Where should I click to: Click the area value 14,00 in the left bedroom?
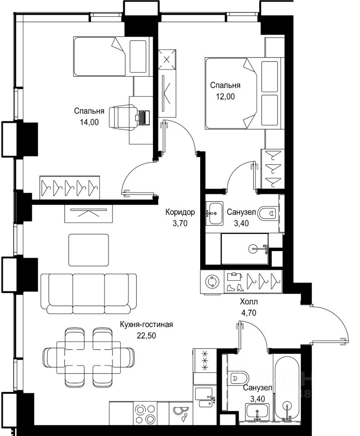click(89, 122)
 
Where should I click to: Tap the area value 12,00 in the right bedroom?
click(226, 96)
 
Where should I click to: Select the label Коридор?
click(180, 212)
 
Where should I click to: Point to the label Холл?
click(249, 302)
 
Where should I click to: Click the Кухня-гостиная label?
click(147, 324)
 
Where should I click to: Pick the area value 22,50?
click(146, 336)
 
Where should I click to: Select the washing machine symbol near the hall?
click(212, 282)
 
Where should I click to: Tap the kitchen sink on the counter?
click(204, 398)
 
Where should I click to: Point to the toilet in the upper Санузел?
click(268, 214)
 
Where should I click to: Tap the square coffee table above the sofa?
click(89, 250)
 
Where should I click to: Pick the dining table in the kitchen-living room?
click(89, 357)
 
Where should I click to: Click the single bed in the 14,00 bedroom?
click(113, 56)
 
